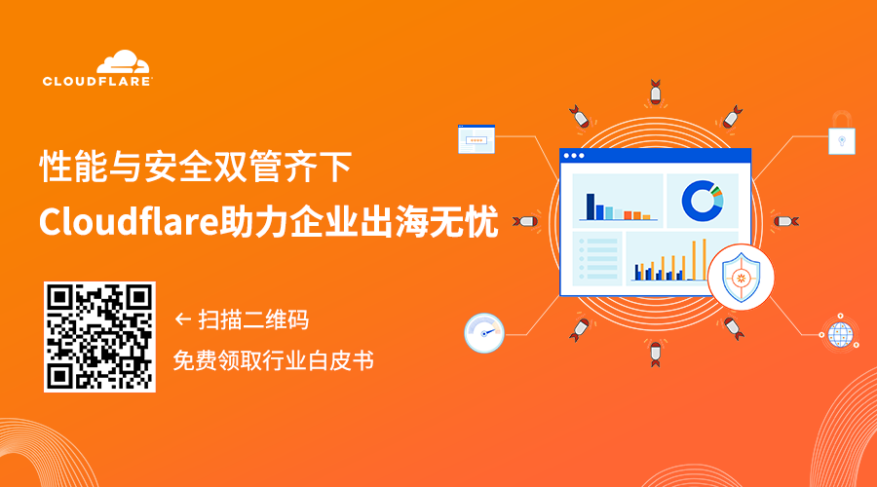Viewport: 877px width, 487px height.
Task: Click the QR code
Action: (x=99, y=337)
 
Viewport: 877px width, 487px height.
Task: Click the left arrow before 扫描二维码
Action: (x=181, y=318)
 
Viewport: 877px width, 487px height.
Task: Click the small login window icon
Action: (x=477, y=139)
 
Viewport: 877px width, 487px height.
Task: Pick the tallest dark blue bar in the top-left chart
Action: (x=590, y=206)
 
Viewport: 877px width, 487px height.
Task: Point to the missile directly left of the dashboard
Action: (x=526, y=221)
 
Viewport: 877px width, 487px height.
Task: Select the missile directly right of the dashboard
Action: (x=785, y=221)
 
